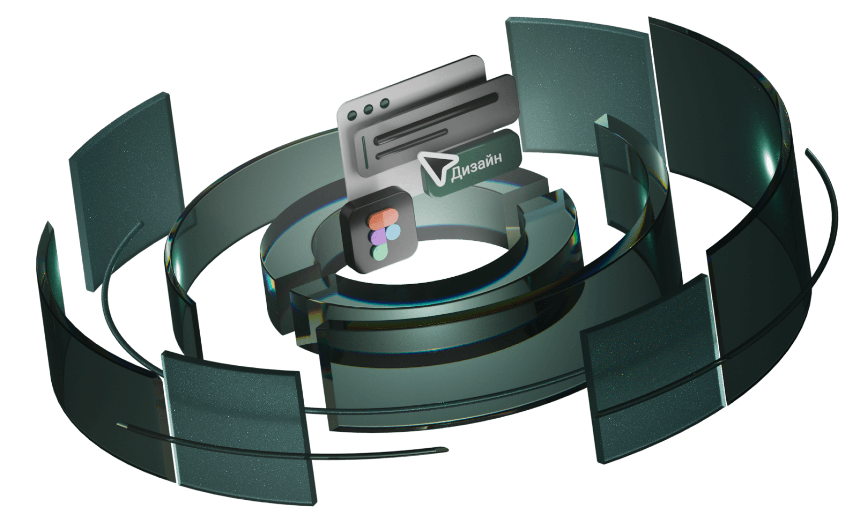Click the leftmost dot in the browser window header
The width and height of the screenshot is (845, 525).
tap(353, 114)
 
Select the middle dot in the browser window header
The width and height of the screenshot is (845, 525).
tap(369, 109)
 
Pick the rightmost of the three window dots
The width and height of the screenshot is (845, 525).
tap(384, 103)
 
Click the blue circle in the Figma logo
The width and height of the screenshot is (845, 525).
tap(392, 231)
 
